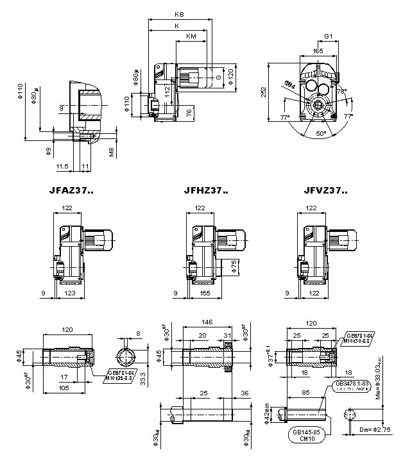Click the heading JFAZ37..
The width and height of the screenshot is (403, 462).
(71, 190)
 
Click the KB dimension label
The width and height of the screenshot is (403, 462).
(179, 14)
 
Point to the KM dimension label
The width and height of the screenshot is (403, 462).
(191, 37)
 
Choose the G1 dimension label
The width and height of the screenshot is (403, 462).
(328, 37)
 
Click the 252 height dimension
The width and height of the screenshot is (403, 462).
(264, 92)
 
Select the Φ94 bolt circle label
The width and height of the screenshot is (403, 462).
(290, 84)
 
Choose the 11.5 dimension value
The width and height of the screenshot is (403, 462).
(62, 166)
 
